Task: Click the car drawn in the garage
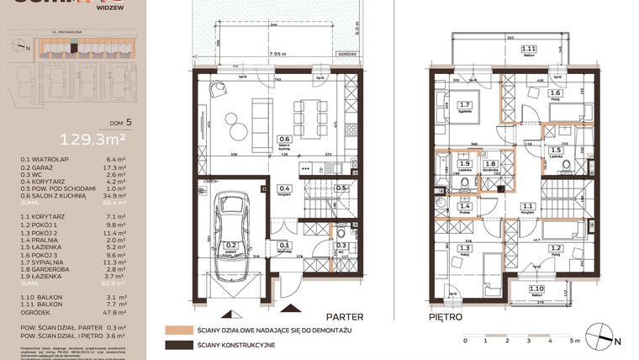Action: point(230,235)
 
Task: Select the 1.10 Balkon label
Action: point(536,290)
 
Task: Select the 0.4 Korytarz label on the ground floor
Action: point(284,189)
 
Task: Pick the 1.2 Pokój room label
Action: point(556,250)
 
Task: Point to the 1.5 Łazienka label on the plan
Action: point(556,151)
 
